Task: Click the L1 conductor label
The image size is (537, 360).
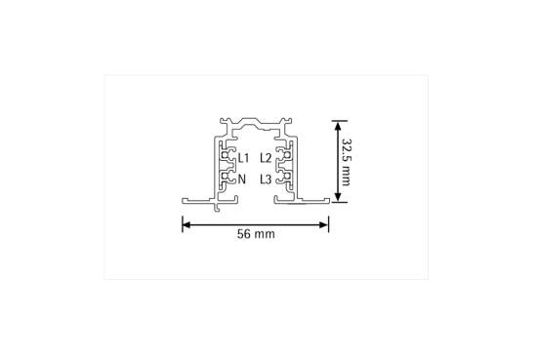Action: click(243, 157)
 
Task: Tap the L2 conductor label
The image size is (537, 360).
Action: click(266, 157)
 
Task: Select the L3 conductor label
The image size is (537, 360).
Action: click(266, 179)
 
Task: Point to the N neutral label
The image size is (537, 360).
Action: click(241, 179)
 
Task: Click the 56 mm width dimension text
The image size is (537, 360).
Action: click(256, 235)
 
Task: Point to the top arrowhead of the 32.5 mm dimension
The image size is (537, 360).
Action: click(338, 125)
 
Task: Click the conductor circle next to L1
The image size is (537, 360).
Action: click(231, 155)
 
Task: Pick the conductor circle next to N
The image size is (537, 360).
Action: click(231, 177)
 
